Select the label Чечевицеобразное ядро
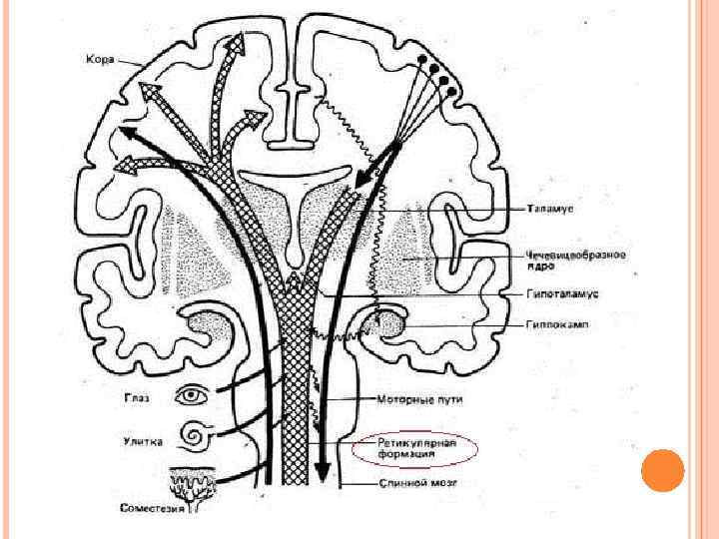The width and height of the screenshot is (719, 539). [576, 261]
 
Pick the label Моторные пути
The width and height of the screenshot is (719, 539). [412, 399]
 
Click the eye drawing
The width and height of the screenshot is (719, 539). [190, 396]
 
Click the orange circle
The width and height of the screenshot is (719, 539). [662, 470]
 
